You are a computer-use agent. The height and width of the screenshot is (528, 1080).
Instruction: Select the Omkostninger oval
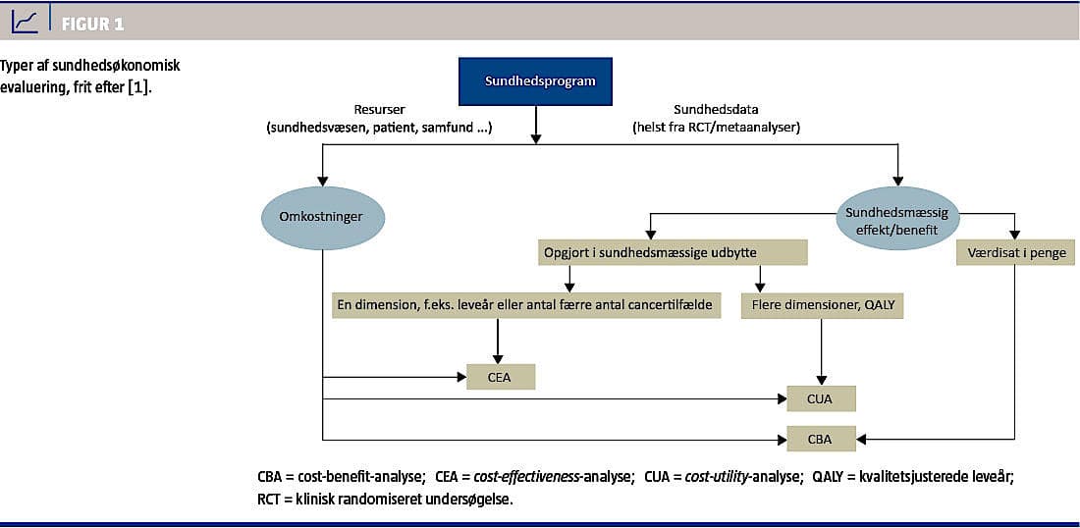coord(322,216)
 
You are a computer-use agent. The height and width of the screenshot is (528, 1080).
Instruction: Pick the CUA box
coord(822,398)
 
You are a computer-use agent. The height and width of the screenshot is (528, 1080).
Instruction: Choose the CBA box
coord(822,439)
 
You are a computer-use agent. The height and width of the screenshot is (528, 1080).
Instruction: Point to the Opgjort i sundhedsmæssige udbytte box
coord(673,252)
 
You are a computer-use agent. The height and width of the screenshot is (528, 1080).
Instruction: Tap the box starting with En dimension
coord(524,306)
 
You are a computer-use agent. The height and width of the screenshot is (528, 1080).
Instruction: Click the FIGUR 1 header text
coord(93,24)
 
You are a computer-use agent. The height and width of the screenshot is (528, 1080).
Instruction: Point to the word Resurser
coord(379,109)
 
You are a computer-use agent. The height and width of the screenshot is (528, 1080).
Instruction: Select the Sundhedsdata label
coord(715,109)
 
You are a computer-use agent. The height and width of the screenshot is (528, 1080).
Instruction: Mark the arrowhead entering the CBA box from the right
coord(862,439)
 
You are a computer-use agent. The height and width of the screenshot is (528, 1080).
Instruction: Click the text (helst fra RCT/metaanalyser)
coord(715,126)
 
